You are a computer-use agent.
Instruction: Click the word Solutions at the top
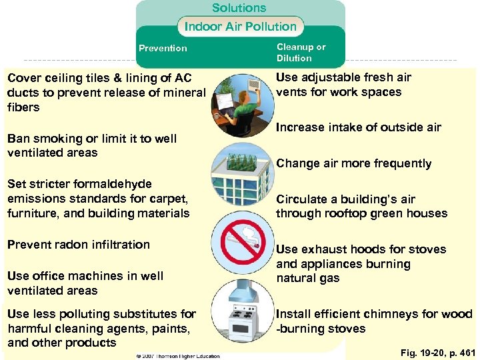pos(239,8)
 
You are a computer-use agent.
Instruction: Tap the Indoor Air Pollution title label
pos(240,27)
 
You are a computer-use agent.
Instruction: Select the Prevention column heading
pos(163,48)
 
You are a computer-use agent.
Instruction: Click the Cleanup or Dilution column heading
pos(301,53)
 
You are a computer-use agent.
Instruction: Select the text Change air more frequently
pos(353,163)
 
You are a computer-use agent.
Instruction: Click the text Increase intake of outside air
pos(359,127)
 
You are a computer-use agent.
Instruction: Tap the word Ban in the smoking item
pos(18,139)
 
